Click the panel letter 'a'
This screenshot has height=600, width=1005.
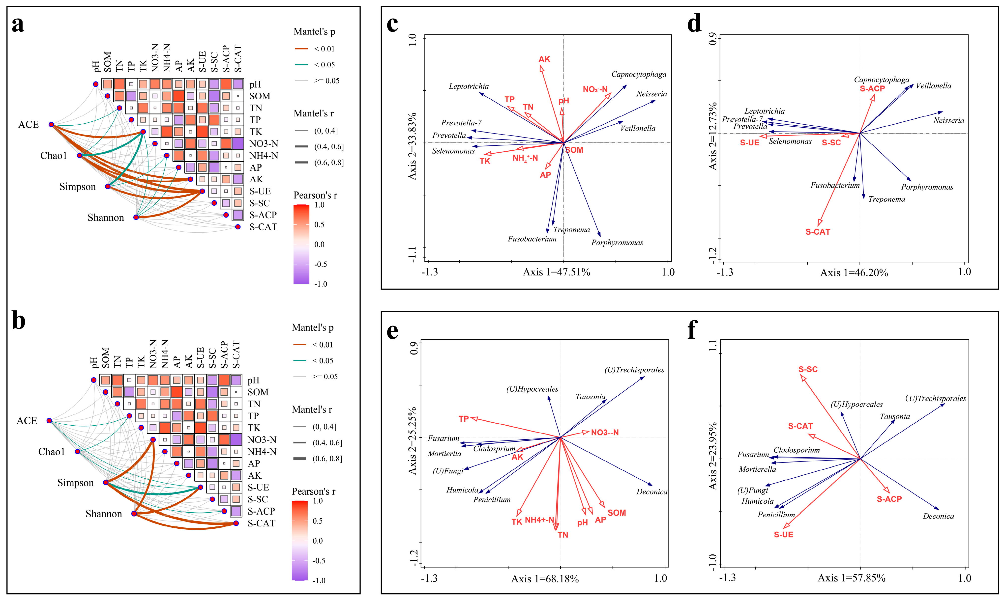pyautogui.click(x=18, y=25)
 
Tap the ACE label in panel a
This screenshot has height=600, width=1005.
pyautogui.click(x=28, y=125)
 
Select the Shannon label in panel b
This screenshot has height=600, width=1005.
pyautogui.click(x=104, y=514)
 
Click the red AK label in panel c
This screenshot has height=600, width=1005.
pyautogui.click(x=544, y=59)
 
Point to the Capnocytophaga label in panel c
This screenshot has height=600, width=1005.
pyautogui.click(x=638, y=74)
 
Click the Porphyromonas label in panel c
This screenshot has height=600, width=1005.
pyautogui.click(x=617, y=243)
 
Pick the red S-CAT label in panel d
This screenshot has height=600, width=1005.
pyautogui.click(x=818, y=232)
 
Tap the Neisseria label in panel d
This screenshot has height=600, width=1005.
pyautogui.click(x=948, y=120)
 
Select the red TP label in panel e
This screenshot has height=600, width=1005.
pyautogui.click(x=464, y=419)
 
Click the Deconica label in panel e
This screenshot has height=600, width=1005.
pyautogui.click(x=651, y=492)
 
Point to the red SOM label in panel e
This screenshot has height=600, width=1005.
pyautogui.click(x=617, y=513)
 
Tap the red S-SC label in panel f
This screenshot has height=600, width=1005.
pyautogui.click(x=808, y=370)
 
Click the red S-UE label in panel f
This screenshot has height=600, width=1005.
pyautogui.click(x=783, y=535)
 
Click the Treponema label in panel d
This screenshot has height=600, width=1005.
pyautogui.click(x=887, y=199)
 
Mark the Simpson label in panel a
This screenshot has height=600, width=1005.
pyautogui.click(x=78, y=187)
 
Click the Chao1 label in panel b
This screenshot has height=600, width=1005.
pyautogui.click(x=51, y=452)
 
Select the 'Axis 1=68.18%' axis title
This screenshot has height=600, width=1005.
pyautogui.click(x=545, y=579)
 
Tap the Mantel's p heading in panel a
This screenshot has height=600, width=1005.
pyautogui.click(x=314, y=31)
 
